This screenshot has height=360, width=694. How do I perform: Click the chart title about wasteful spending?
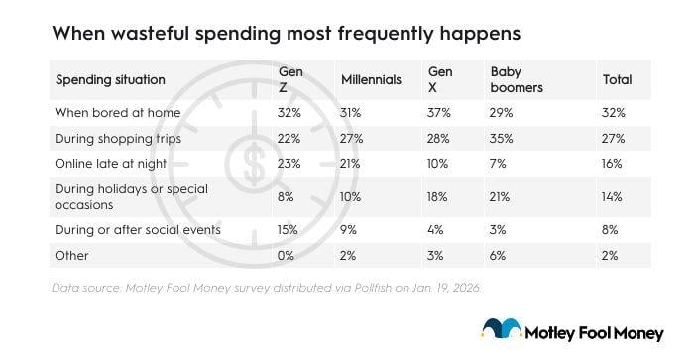click(x=286, y=33)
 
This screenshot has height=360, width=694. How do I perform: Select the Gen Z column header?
click(x=290, y=79)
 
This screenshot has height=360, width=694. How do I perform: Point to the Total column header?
click(x=616, y=79)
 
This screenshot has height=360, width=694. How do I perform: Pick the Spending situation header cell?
click(x=110, y=79)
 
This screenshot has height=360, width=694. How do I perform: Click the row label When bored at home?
click(x=118, y=112)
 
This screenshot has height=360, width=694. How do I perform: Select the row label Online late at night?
click(x=113, y=162)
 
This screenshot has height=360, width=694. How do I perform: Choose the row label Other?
click(x=72, y=255)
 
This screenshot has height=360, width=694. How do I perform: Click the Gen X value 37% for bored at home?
click(x=441, y=112)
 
